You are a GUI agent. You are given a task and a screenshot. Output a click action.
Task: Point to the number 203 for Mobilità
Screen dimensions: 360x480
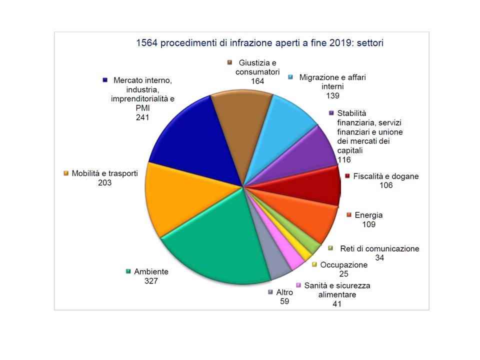click(105, 183)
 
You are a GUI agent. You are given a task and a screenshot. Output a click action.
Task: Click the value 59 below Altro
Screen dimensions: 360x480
click(285, 301)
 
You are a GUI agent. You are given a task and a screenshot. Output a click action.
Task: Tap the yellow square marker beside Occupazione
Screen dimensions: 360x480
click(314, 264)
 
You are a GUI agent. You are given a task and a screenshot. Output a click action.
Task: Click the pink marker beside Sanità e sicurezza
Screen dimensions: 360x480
click(298, 285)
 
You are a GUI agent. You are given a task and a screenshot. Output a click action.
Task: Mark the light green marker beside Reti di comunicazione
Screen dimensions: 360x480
click(330, 248)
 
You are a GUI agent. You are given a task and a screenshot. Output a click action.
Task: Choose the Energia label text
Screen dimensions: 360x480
click(368, 215)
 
